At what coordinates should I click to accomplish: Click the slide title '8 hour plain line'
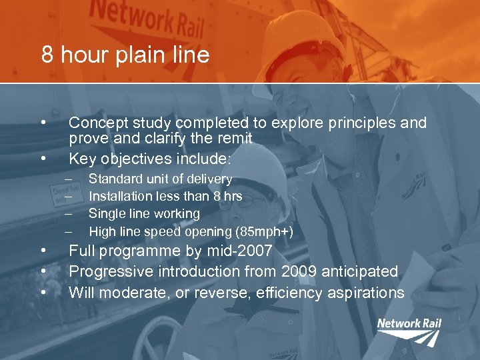125,55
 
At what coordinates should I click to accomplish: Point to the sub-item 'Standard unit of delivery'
160,179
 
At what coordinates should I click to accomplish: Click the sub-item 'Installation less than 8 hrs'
165,196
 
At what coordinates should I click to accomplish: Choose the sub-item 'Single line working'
144,213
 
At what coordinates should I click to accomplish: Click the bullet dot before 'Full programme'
43,251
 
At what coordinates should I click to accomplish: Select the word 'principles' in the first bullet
355,123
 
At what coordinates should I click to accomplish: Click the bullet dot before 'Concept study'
43,123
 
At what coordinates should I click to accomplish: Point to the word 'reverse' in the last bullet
201,293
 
